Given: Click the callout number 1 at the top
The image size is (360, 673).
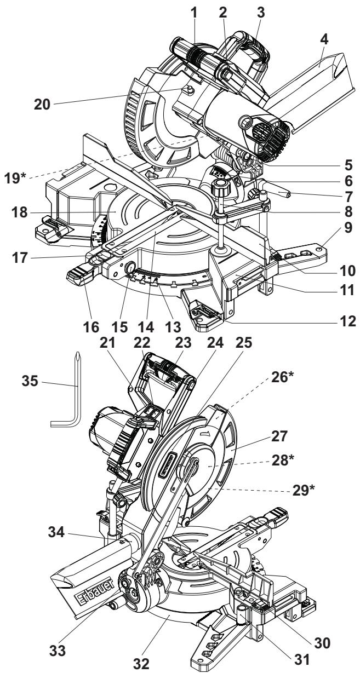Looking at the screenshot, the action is coord(194,13).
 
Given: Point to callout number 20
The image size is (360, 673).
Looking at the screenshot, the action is coord(42,105).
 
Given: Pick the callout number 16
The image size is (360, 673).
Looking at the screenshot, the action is coord(91,327).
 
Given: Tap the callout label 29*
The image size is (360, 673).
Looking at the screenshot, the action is coord(304,490).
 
